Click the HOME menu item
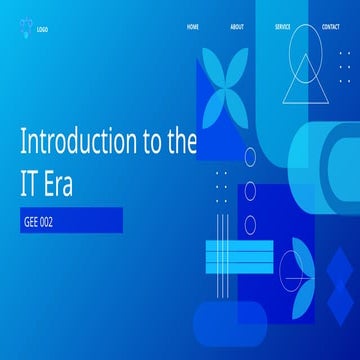pos(193,27)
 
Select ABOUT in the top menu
pos(236,27)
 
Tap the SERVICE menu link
pos(283,27)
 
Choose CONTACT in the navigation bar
pos(331,27)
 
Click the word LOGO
pos(42,29)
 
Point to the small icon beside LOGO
pos(25,28)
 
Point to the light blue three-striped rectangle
pos(238,257)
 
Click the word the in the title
pos(180,142)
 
